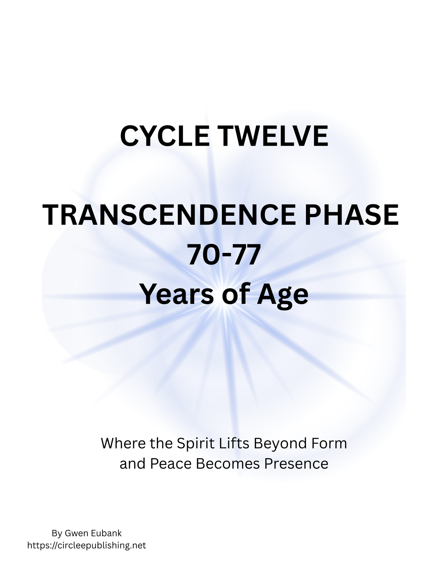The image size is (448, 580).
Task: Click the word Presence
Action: click(x=296, y=464)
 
